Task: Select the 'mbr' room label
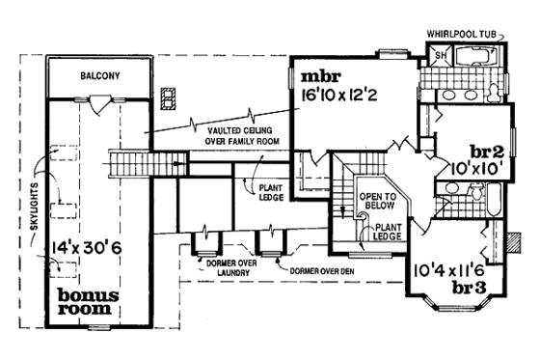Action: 319,76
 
